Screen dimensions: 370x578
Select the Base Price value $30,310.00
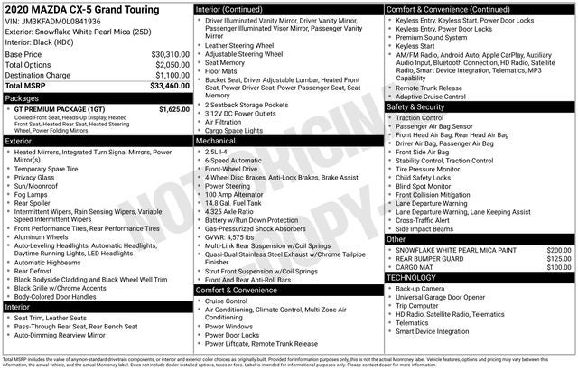[170, 54]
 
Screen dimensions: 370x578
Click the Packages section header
[23, 97]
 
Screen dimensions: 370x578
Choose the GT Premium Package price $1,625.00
[173, 109]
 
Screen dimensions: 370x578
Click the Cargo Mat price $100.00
[558, 267]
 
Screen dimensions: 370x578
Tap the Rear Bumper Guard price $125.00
[558, 259]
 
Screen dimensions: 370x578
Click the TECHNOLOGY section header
[412, 277]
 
